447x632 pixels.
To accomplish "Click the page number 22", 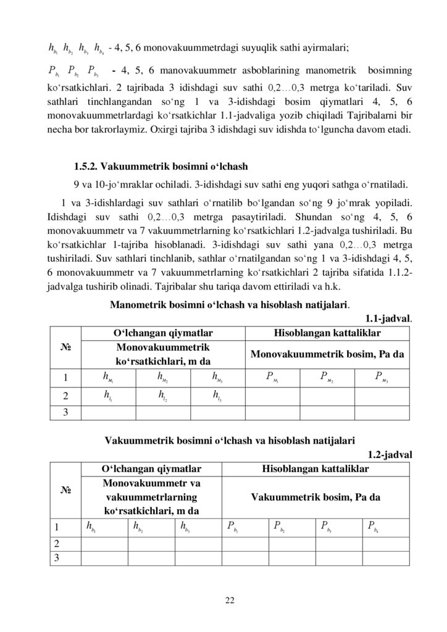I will point(223,599).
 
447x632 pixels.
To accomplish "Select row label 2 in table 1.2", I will point(57,543).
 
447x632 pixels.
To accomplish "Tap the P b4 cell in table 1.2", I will point(373,526).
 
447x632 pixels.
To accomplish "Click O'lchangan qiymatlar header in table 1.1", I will point(164,333).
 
